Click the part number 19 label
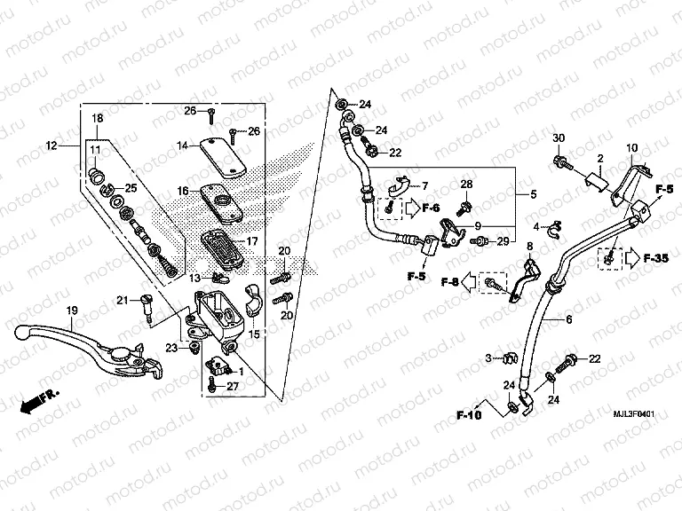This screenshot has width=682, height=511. coord(67,309)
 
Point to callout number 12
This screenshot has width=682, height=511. coord(50,145)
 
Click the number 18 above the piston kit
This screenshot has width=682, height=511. coord(97,118)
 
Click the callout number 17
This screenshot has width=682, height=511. coord(251,240)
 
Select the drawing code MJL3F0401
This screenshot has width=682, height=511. coord(634,413)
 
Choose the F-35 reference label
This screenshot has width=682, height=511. coord(657,259)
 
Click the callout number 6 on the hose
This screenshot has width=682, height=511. coord(568,318)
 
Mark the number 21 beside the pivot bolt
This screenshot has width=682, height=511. coord(123,300)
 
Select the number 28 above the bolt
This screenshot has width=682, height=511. coord(465,184)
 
